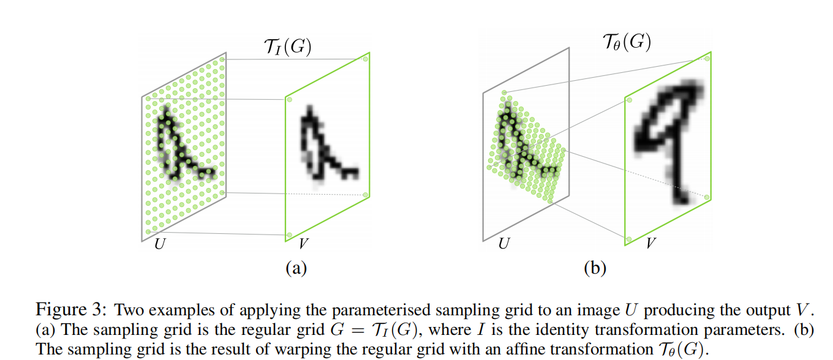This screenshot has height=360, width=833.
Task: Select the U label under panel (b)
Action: click(503, 244)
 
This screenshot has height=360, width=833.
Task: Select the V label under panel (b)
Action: click(651, 244)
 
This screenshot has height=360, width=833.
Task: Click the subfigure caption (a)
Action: click(296, 268)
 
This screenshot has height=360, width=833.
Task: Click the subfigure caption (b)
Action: click(594, 268)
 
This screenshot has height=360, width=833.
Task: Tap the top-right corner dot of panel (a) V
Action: click(365, 59)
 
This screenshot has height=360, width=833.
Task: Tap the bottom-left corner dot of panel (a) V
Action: click(289, 235)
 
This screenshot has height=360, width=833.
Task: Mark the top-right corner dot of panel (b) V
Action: click(707, 59)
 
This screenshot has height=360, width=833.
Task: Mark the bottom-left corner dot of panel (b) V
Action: click(628, 238)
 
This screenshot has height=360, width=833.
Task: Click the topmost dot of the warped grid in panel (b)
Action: click(504, 93)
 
